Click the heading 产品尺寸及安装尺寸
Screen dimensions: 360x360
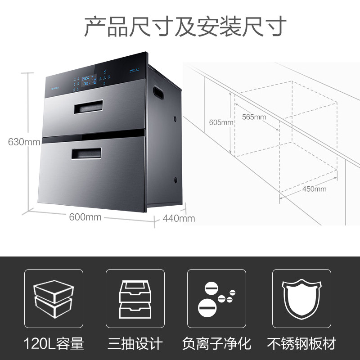point(185,27)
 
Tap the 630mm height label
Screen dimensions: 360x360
point(24,142)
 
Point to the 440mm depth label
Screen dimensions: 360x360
point(179,218)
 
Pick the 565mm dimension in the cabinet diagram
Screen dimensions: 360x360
point(254,117)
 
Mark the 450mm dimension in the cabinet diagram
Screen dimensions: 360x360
point(314,189)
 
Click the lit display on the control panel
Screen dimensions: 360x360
point(85,81)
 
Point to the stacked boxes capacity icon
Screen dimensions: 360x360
point(54,298)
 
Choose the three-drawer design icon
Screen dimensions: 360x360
point(135,298)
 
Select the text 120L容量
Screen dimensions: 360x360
point(54,344)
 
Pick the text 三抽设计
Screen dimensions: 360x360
point(135,344)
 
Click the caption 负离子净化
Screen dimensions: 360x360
point(216,344)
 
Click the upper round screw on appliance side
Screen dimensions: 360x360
point(175,119)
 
